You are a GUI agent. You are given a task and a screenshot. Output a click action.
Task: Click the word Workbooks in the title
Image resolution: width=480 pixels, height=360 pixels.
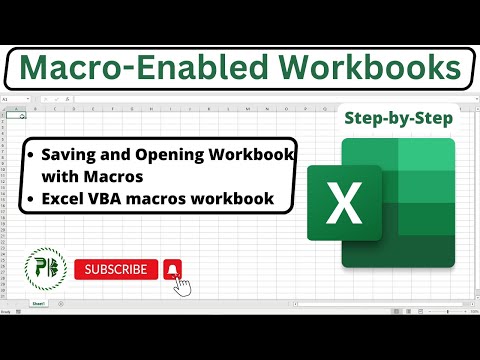point(368,69)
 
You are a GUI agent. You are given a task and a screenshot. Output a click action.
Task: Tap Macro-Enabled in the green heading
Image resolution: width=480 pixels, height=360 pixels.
point(138,69)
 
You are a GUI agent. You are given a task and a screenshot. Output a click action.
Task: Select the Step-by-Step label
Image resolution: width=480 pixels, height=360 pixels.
point(398,119)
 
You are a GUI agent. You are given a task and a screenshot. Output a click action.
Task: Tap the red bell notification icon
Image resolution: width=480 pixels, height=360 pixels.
point(173,269)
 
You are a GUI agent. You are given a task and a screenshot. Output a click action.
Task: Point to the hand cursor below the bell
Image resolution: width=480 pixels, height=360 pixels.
point(183,287)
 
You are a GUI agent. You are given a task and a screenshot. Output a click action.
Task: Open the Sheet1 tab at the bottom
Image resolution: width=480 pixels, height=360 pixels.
point(38,301)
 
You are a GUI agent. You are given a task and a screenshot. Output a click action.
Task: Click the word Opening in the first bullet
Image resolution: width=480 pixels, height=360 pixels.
point(178,156)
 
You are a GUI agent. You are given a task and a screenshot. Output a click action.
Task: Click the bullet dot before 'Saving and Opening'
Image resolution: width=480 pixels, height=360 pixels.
point(34,157)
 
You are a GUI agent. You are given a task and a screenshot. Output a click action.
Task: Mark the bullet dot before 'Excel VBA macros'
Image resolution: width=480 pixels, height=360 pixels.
point(34,199)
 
